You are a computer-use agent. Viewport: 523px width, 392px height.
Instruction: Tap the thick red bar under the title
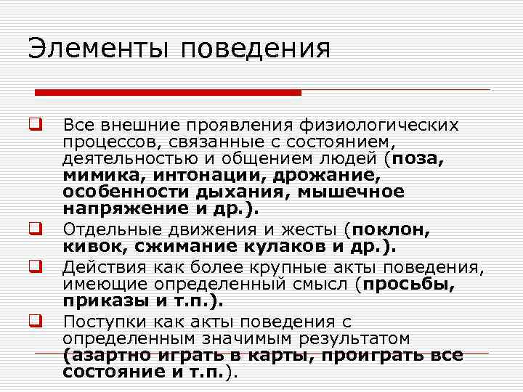(168, 92)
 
